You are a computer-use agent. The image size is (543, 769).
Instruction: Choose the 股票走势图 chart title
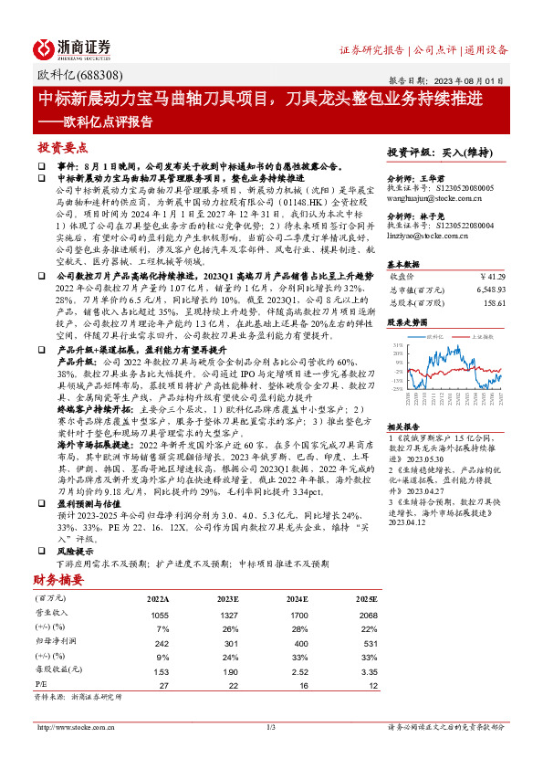coord(406,322)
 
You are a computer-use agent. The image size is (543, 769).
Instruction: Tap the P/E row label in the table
coord(40,683)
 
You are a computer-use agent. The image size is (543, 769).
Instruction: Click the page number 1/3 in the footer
coord(270,727)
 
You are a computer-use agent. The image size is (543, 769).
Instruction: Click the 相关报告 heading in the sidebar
coord(402,427)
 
